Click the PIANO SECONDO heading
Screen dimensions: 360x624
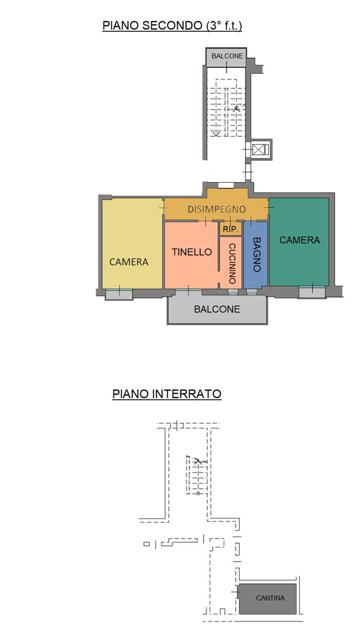click(172, 26)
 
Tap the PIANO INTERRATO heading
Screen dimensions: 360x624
click(167, 394)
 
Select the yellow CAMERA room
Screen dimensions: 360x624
click(132, 243)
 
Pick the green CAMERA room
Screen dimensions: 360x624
click(299, 242)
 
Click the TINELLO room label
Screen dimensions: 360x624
click(192, 252)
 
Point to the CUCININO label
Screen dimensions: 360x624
click(232, 264)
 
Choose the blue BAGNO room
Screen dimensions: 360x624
click(256, 255)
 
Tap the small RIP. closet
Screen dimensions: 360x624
click(230, 229)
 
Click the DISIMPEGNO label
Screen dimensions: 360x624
click(217, 209)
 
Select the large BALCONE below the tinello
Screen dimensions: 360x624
click(217, 310)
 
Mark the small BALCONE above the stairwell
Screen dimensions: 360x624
click(227, 58)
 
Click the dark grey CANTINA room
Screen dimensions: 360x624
click(268, 598)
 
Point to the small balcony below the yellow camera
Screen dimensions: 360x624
click(119, 294)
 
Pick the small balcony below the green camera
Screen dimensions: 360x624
click(312, 292)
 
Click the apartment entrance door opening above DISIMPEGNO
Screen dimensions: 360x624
click(226, 186)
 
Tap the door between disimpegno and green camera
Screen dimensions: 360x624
click(269, 207)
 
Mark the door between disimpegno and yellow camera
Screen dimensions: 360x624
click(163, 208)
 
